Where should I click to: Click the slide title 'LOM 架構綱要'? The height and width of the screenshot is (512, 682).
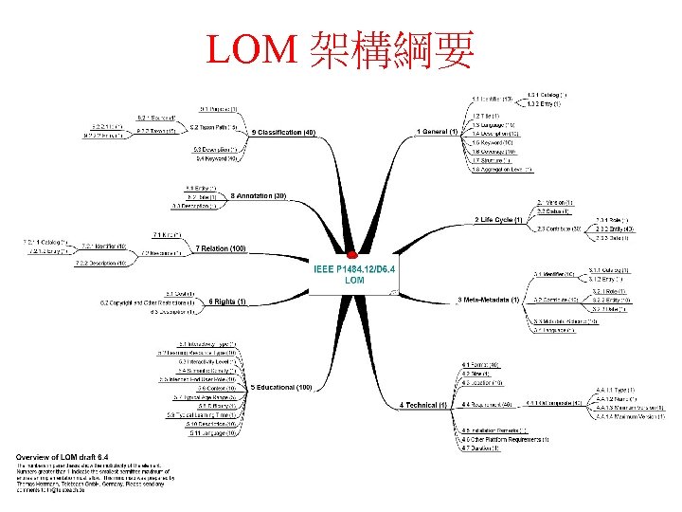point(341,50)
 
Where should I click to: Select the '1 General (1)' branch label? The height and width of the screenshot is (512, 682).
point(438,130)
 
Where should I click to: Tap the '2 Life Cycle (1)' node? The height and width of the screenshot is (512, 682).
point(498,220)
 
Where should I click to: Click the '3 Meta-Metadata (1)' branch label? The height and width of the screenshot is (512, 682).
point(489,300)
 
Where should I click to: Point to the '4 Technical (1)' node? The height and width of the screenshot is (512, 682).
point(423,405)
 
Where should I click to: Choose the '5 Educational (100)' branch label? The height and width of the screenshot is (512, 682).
point(281,387)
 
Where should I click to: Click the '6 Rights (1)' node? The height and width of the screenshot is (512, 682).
point(227,302)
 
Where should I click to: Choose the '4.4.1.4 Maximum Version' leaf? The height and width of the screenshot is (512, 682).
point(630,416)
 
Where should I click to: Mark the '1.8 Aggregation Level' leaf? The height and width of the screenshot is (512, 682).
point(501,170)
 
